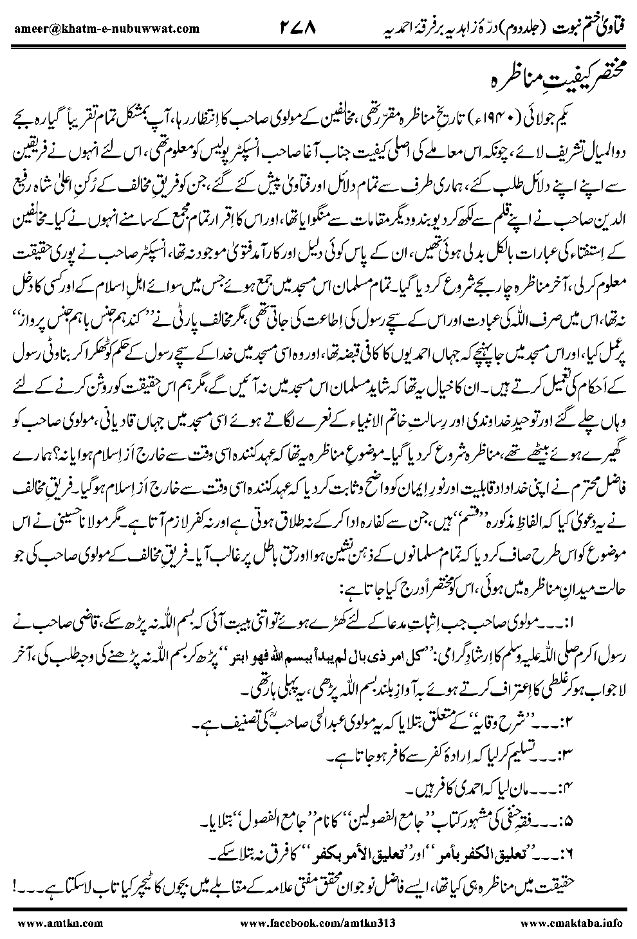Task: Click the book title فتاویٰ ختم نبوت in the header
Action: click(598, 28)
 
